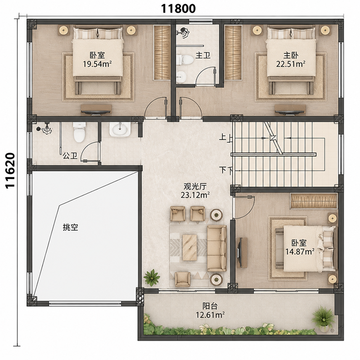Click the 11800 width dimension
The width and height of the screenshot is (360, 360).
[178, 9]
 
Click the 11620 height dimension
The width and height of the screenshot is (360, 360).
[10, 171]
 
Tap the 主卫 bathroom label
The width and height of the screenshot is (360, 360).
[203, 55]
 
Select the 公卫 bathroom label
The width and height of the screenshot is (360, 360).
[70, 156]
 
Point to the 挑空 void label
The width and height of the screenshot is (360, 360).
[71, 227]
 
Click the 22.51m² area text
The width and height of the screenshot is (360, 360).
[291, 64]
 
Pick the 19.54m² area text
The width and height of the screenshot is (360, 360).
[97, 64]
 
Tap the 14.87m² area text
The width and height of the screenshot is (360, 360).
[300, 252]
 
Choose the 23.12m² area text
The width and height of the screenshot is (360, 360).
[195, 195]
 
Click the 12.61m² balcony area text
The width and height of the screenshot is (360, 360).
[210, 315]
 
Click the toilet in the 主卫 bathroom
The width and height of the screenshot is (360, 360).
[185, 60]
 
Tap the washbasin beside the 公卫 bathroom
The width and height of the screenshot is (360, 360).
[120, 130]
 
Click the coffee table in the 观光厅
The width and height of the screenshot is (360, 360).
[189, 247]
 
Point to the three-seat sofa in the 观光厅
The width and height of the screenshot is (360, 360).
[217, 248]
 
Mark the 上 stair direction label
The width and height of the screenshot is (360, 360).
[223, 137]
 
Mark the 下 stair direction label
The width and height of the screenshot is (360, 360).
[223, 170]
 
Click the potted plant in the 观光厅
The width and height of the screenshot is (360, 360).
[152, 278]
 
